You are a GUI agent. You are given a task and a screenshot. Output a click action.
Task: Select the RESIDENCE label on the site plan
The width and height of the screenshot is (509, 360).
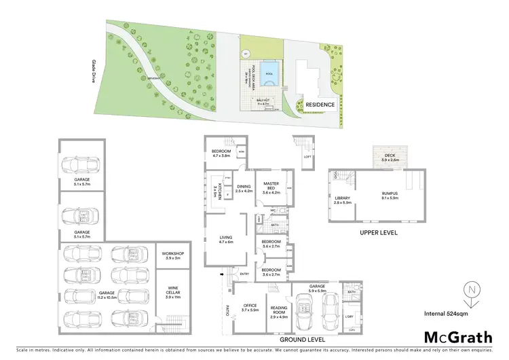(319, 105)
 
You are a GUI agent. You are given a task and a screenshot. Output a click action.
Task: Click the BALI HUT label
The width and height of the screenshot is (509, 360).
(261, 103)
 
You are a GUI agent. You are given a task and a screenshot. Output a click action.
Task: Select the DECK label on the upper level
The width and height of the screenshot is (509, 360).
(390, 157)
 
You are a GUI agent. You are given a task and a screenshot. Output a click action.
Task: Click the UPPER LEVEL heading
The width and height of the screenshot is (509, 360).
(377, 232)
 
